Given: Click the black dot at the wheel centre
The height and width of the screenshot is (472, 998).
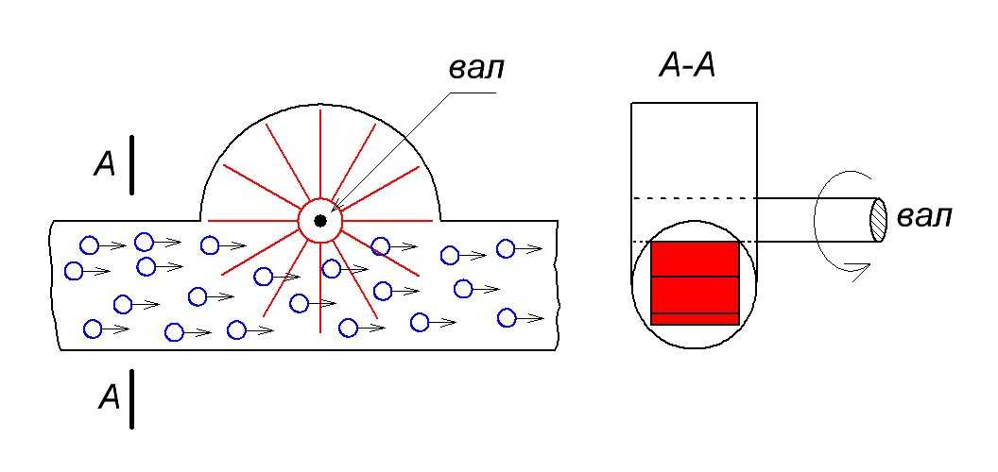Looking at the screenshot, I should [320, 221].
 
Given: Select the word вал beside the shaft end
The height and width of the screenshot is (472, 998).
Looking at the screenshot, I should [923, 216].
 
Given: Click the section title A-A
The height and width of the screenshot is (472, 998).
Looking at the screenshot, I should [686, 67].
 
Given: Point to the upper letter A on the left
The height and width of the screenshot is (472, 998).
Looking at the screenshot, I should [105, 166].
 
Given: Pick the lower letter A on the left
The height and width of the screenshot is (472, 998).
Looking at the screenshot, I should [110, 399].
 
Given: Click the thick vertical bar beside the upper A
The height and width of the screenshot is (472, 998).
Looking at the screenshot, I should [133, 165].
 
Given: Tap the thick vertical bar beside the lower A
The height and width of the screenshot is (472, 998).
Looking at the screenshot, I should [133, 398].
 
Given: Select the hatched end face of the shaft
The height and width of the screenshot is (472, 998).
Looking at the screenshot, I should [878, 220].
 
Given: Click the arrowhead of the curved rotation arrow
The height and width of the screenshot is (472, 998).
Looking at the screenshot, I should [859, 272].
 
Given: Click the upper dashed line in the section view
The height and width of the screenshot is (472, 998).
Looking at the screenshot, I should [694, 197].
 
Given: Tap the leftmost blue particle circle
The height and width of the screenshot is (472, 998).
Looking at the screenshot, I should [74, 272].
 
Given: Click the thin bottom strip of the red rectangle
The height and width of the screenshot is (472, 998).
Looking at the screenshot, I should [695, 319].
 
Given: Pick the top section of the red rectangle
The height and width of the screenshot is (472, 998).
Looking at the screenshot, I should [695, 259].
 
